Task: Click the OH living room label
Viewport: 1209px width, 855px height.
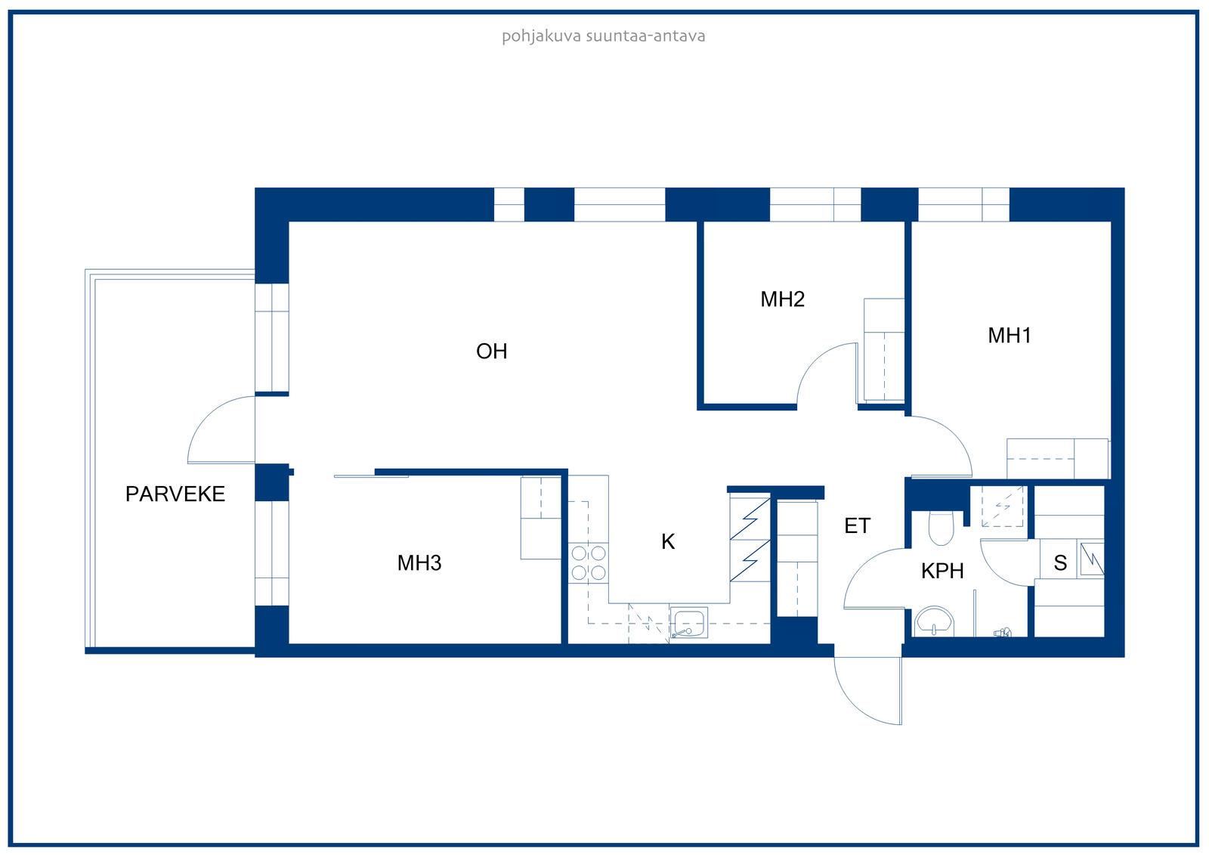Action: coord(491,351)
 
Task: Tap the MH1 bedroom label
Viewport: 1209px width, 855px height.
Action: coord(1009,336)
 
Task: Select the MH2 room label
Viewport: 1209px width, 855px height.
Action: coord(782,299)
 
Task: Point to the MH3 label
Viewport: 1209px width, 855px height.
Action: coord(419,562)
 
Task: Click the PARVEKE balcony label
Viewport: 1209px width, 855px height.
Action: coord(175,494)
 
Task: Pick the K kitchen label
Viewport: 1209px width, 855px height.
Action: coord(668,541)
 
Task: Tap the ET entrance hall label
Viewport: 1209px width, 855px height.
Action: coord(857,525)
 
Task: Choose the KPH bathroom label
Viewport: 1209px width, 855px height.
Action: coord(942,571)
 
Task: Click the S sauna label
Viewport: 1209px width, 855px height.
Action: coord(1060,562)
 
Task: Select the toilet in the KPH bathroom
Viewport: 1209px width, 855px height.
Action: coord(942,528)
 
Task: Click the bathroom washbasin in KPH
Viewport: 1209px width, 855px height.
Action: coord(935,622)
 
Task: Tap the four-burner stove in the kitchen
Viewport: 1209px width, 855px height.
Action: coord(589,562)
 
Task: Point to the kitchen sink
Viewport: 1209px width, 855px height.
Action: coord(688,624)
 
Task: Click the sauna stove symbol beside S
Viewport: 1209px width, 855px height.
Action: coord(1091,559)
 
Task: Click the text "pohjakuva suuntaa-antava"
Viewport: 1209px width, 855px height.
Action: coord(604,36)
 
